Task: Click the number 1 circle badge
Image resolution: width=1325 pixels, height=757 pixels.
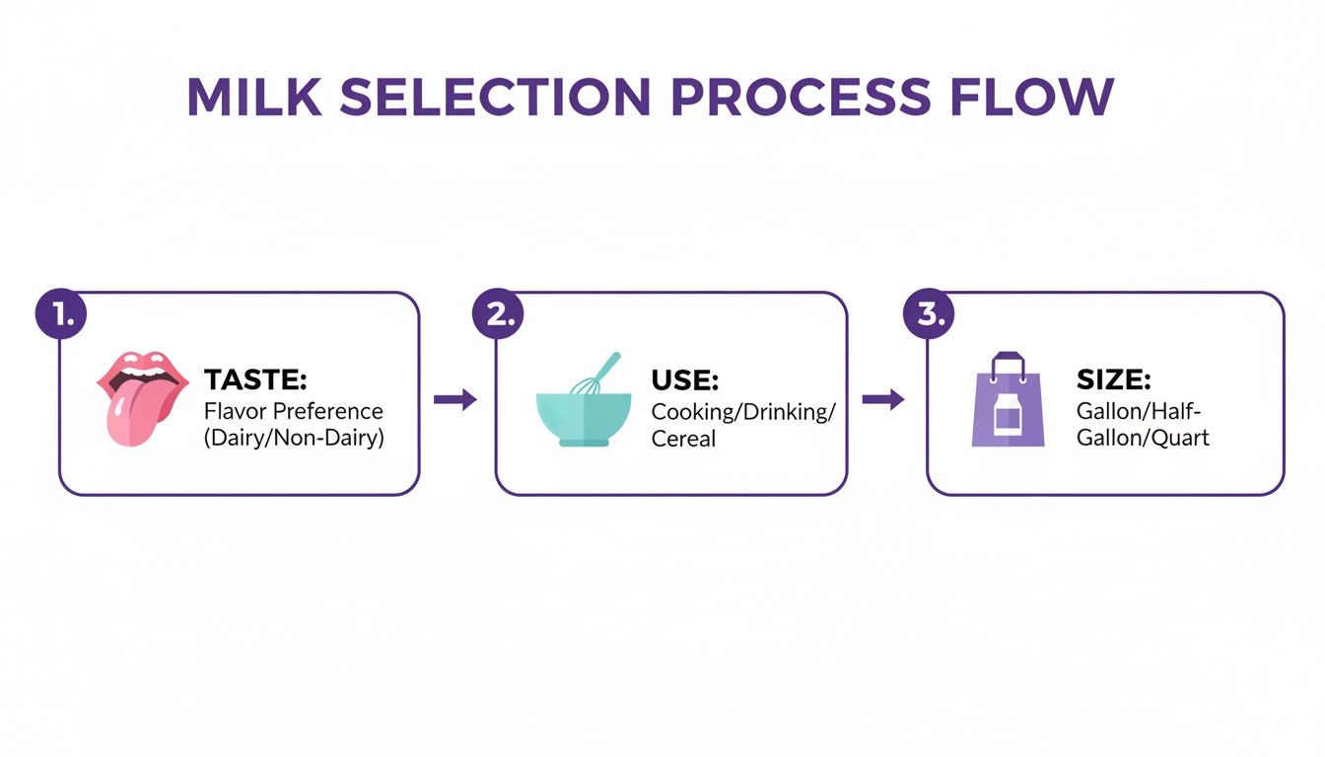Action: tap(61, 314)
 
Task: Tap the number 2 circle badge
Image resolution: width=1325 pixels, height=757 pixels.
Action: tap(499, 314)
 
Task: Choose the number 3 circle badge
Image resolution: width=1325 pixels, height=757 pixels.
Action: tap(930, 314)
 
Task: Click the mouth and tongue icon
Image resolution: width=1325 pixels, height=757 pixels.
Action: tap(141, 393)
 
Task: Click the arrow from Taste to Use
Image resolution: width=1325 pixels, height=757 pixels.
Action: tap(455, 399)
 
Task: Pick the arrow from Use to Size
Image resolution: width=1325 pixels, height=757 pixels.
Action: tap(883, 399)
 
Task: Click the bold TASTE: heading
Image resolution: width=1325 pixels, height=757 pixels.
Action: tap(255, 379)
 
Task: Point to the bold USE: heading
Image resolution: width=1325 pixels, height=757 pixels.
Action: tap(684, 379)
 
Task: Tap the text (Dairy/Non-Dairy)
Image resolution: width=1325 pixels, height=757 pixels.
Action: tap(294, 438)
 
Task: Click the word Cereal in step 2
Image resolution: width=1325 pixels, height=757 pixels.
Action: tap(683, 438)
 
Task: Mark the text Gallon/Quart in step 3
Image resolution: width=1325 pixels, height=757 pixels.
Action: tap(1143, 438)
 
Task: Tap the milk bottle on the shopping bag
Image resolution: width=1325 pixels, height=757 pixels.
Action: tap(1008, 417)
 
